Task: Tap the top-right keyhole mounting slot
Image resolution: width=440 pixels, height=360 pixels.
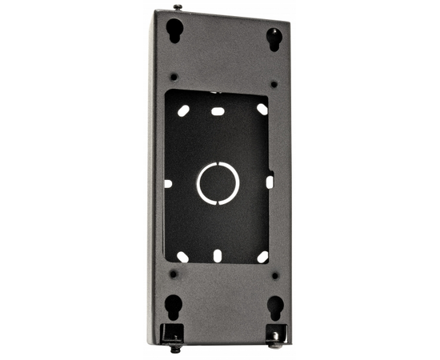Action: (274, 38)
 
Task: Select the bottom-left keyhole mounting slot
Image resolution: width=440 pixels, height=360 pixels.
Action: (171, 306)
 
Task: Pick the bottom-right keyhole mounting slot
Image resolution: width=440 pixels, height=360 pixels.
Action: (274, 307)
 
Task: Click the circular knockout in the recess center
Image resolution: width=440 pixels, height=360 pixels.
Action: (218, 183)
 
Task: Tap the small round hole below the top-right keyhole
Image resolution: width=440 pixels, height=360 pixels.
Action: (274, 83)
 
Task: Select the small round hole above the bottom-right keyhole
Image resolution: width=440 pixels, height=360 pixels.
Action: (274, 274)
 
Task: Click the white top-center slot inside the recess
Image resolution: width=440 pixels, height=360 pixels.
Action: (217, 111)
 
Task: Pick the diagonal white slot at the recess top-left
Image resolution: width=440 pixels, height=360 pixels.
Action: (183, 110)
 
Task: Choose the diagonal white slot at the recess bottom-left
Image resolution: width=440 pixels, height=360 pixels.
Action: (183, 257)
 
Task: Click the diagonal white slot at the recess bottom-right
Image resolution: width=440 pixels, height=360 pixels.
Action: (262, 256)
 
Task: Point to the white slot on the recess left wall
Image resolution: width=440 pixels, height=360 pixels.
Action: (168, 183)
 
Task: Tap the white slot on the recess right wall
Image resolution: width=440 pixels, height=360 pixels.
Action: (269, 182)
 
